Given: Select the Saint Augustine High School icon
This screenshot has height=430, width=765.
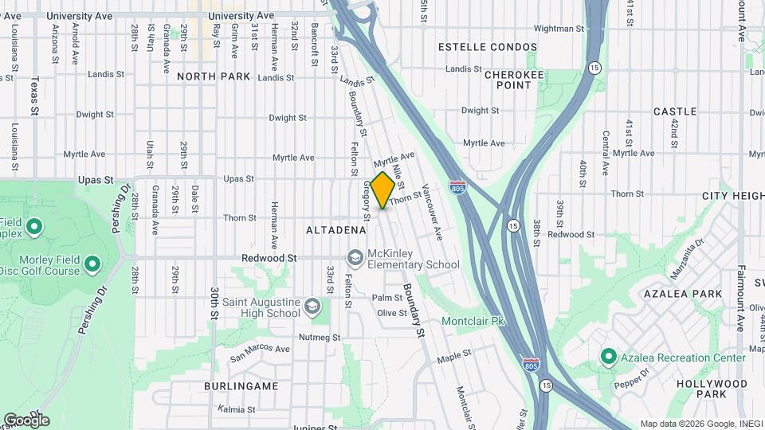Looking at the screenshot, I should (x=313, y=307).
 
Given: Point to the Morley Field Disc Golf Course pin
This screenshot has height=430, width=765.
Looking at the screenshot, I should (x=92, y=264).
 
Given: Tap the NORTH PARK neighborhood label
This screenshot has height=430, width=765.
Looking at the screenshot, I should (x=214, y=76).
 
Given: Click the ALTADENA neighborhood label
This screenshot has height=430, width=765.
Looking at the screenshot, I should (x=336, y=230).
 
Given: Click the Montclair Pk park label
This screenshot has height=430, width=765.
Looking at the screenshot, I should (x=474, y=322).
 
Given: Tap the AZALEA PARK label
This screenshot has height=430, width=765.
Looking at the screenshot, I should (x=685, y=294).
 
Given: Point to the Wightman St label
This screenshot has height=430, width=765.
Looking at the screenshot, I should (x=559, y=29).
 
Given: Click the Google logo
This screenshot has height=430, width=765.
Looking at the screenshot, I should (x=26, y=420).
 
